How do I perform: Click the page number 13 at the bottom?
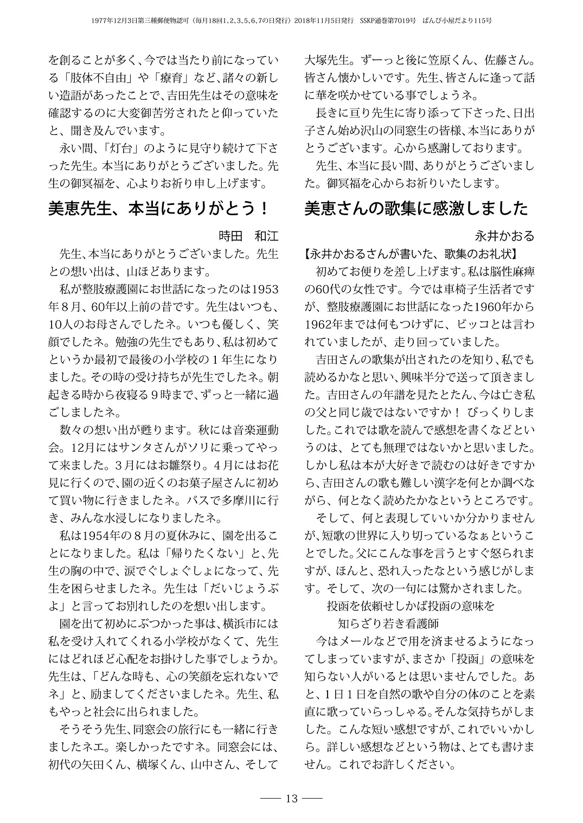(x=291, y=799)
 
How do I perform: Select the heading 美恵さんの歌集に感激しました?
(x=417, y=208)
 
